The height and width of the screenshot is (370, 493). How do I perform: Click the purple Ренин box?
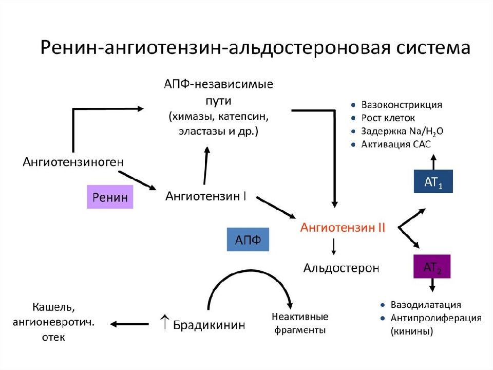point(110,197)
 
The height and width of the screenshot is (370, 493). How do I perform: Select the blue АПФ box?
point(248,239)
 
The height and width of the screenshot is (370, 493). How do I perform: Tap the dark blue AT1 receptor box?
point(433,181)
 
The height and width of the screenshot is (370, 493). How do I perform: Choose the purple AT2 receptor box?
point(432,267)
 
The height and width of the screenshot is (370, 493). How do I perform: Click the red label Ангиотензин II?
point(343,227)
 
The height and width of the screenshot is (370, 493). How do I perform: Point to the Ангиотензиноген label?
point(73,162)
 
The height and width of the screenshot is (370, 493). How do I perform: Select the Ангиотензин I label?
point(205,196)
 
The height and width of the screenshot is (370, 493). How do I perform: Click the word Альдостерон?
point(341,268)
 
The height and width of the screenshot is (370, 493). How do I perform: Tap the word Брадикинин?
point(209,325)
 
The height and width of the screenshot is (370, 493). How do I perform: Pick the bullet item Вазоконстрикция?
point(402,104)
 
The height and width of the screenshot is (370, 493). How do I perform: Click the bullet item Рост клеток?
point(388,118)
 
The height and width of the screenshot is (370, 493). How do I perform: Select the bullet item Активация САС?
point(396,144)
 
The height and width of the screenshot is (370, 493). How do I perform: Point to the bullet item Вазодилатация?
point(426,305)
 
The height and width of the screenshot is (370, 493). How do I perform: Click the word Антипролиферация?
point(436,318)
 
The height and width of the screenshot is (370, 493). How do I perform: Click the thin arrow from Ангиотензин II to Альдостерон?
point(334,247)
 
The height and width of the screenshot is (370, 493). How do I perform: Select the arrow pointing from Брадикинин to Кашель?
point(129,324)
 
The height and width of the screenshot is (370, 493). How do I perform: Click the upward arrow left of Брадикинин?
point(165,321)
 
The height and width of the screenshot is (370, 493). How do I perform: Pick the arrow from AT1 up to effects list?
point(433,162)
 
